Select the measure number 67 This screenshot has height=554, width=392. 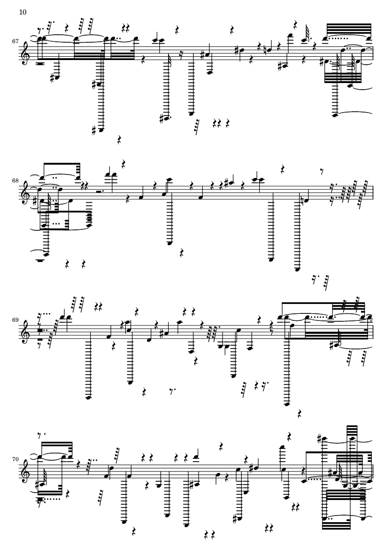pos(15,41)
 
